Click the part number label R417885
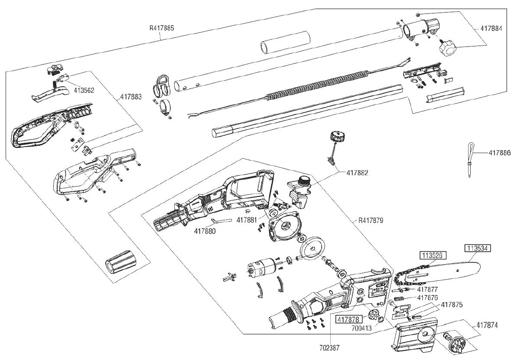pos(162,28)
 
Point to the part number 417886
pos(499,153)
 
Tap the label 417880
pos(205,231)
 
